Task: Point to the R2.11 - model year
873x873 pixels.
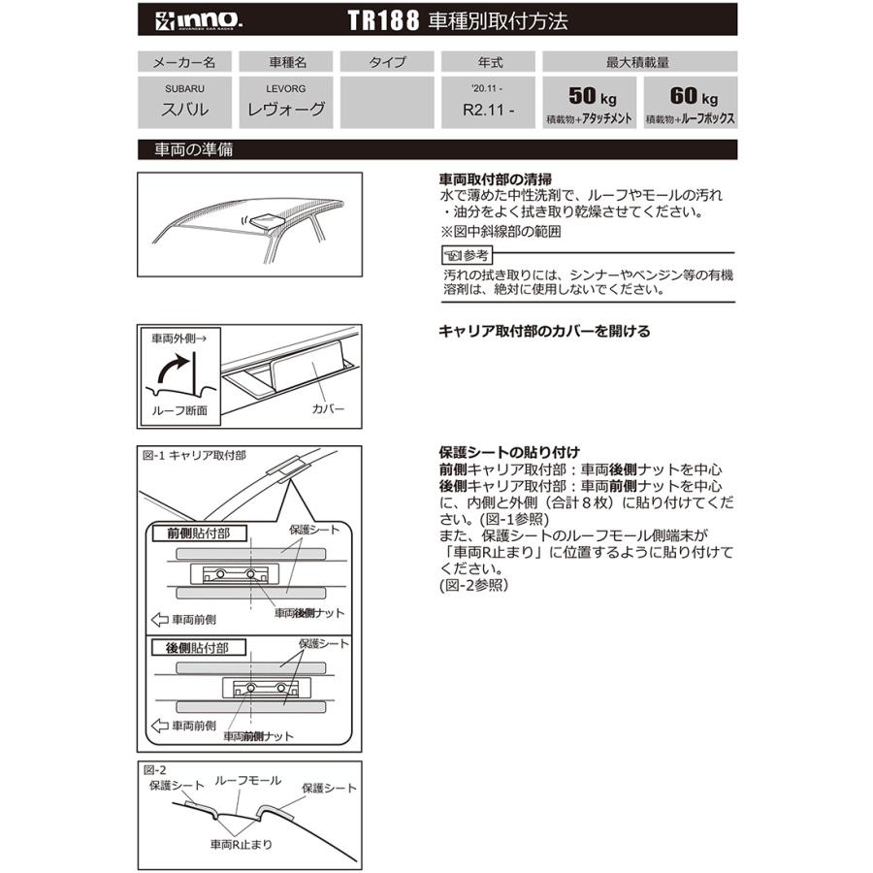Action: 490,111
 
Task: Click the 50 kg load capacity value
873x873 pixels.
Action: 595,97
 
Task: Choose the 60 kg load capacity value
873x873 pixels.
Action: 693,97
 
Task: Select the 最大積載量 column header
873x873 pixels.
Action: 639,62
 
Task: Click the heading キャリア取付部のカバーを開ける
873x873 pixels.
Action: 544,331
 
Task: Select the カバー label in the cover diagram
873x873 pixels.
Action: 328,408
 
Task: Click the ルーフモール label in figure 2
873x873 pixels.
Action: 247,780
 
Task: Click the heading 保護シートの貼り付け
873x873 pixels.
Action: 509,452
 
